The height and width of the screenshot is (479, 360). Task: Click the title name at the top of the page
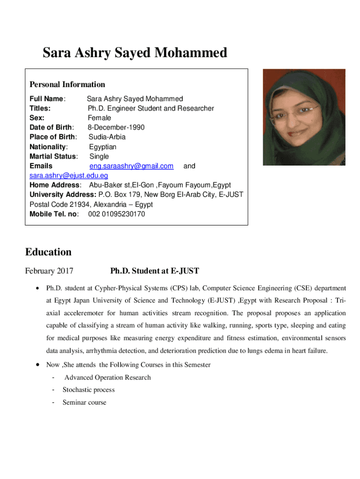tap(135, 53)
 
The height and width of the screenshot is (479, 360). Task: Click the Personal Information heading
tap(67, 85)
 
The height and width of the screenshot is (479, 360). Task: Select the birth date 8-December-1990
tap(116, 128)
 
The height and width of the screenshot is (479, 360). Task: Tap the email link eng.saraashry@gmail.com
tap(131, 166)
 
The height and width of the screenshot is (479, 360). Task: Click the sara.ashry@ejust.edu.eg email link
tap(69, 176)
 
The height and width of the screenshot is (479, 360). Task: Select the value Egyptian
tap(103, 147)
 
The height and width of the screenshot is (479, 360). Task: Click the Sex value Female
tap(100, 118)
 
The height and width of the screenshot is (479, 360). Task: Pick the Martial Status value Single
tap(99, 157)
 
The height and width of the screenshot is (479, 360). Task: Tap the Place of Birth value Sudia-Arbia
tap(107, 137)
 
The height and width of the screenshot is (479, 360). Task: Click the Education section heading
tap(48, 252)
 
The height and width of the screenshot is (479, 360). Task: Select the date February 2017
tap(49, 271)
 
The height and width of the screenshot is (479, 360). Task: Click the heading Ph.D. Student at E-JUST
tap(154, 271)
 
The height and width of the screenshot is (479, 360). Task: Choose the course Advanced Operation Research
tap(108, 377)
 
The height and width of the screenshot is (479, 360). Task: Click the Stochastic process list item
tap(88, 390)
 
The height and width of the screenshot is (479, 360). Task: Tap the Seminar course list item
tap(84, 402)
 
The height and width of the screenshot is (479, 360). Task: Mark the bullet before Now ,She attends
tap(37, 365)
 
